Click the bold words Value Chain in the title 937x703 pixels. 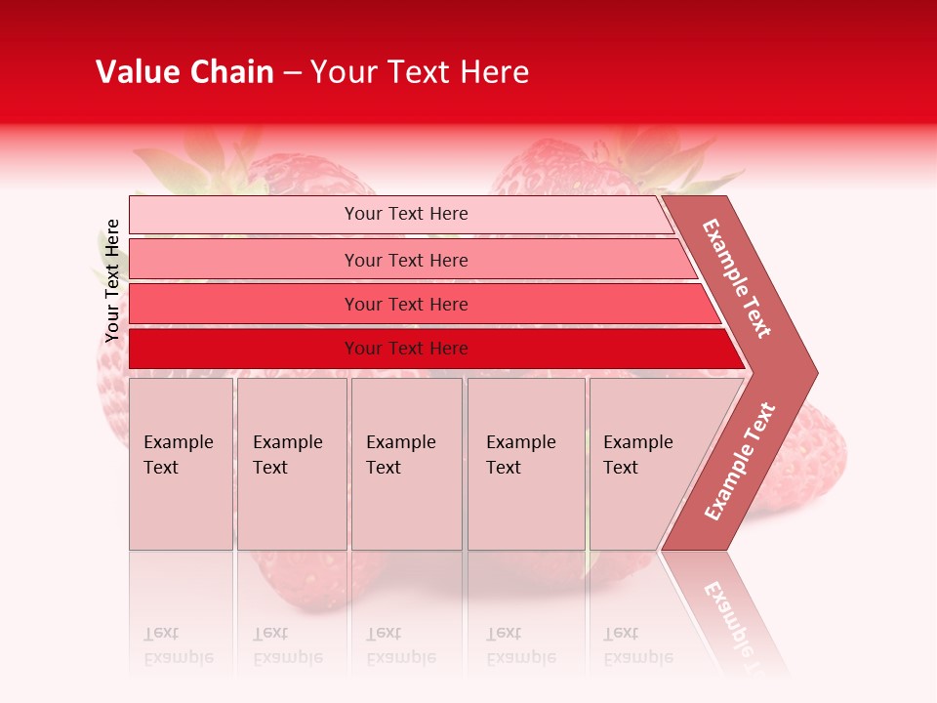184,72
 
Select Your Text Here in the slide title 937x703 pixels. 420,72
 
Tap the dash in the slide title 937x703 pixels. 292,73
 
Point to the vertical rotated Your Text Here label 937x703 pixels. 112,281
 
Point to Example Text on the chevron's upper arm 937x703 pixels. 737,278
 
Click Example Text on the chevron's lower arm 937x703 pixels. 739,462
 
